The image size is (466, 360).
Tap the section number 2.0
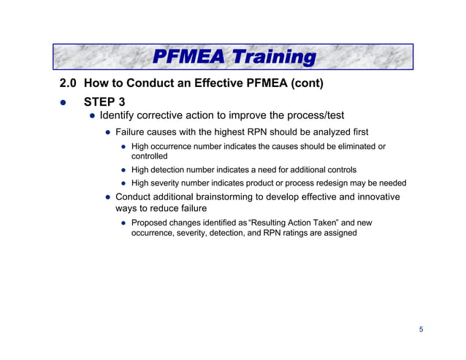[69, 84]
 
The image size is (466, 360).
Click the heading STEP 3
[104, 102]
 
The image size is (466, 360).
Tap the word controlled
[149, 156]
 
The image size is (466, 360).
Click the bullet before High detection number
[124, 169]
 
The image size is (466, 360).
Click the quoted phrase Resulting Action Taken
[275, 222]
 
